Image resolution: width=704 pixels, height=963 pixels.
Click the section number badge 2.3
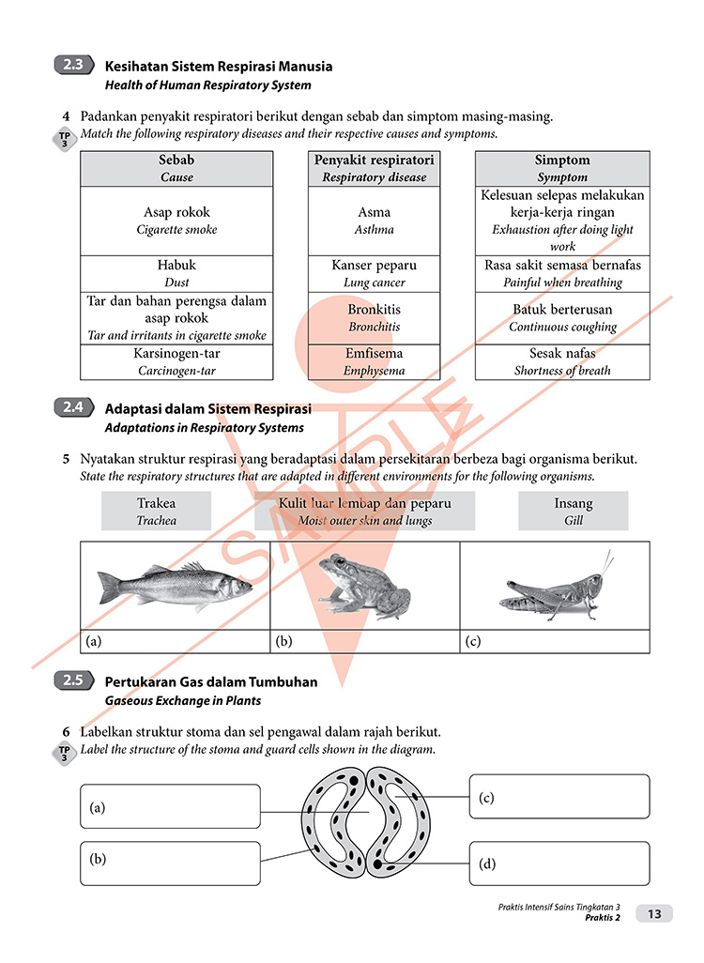pos(73,66)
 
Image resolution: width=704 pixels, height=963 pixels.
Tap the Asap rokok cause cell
pos(176,221)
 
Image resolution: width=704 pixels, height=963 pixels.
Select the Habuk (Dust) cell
pos(176,273)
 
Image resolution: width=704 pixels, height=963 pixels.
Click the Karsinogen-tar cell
pos(176,361)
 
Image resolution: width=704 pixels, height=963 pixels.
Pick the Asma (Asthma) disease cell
pos(375,221)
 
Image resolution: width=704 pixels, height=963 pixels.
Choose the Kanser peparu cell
pos(375,273)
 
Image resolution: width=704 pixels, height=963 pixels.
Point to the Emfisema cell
pos(375,361)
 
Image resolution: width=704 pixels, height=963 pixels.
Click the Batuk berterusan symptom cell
pos(562,317)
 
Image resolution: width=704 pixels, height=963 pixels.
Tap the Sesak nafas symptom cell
pos(562,361)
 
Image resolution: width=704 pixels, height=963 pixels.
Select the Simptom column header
pos(562,168)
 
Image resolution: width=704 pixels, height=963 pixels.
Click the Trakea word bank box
pos(156,512)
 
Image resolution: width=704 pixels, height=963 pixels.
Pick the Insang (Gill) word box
pos(574,512)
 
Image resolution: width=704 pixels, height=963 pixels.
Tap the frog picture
pos(363,587)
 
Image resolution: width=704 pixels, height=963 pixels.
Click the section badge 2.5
pos(73,682)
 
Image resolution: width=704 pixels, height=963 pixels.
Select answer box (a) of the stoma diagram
pos(170,806)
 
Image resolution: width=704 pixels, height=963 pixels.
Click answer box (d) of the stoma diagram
pos(559,864)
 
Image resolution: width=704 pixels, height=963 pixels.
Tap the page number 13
pos(654,914)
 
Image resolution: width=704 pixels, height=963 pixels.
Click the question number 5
pos(66,460)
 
